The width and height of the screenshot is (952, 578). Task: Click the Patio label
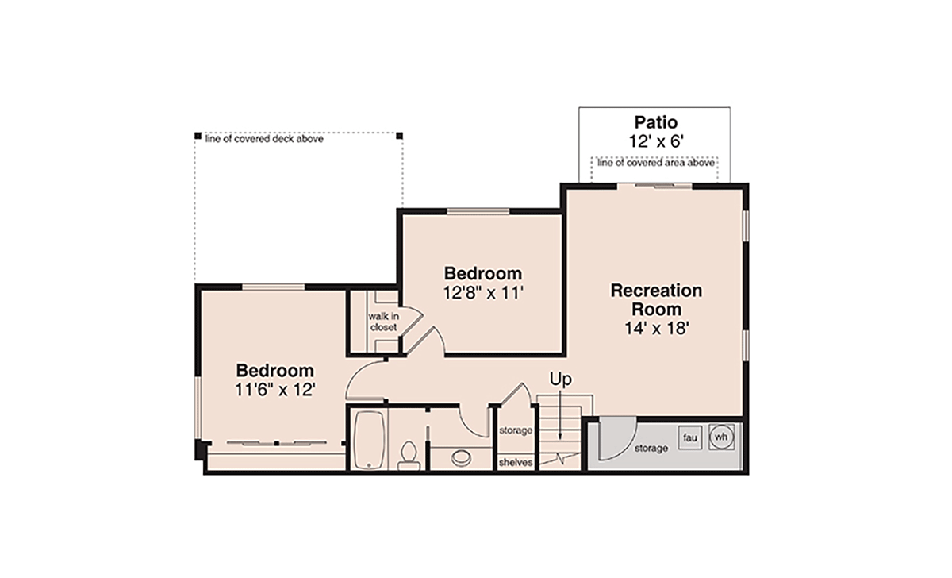(656, 122)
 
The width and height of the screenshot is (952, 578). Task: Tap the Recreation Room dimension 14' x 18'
(656, 329)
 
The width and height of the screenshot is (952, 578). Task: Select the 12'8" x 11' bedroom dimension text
(483, 293)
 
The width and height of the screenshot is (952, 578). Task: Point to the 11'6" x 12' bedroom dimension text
(275, 390)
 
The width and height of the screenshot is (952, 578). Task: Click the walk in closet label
(383, 322)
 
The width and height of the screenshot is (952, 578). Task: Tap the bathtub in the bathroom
(370, 440)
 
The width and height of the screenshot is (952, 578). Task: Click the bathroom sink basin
(461, 458)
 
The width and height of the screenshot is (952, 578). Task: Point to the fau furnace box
(689, 437)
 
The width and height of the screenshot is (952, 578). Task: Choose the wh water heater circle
(721, 437)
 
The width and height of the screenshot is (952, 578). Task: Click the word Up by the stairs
(561, 379)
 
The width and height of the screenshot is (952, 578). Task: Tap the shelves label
(516, 462)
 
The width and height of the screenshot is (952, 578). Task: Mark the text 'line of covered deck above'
(264, 139)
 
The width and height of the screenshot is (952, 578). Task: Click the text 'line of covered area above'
(656, 163)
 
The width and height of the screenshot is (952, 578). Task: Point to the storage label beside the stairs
(516, 430)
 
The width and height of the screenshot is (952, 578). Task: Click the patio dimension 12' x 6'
(656, 141)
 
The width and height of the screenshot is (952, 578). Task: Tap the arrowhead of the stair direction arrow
(560, 436)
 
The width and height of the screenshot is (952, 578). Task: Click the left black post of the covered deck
(198, 136)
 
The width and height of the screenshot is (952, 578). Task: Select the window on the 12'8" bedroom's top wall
(478, 211)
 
